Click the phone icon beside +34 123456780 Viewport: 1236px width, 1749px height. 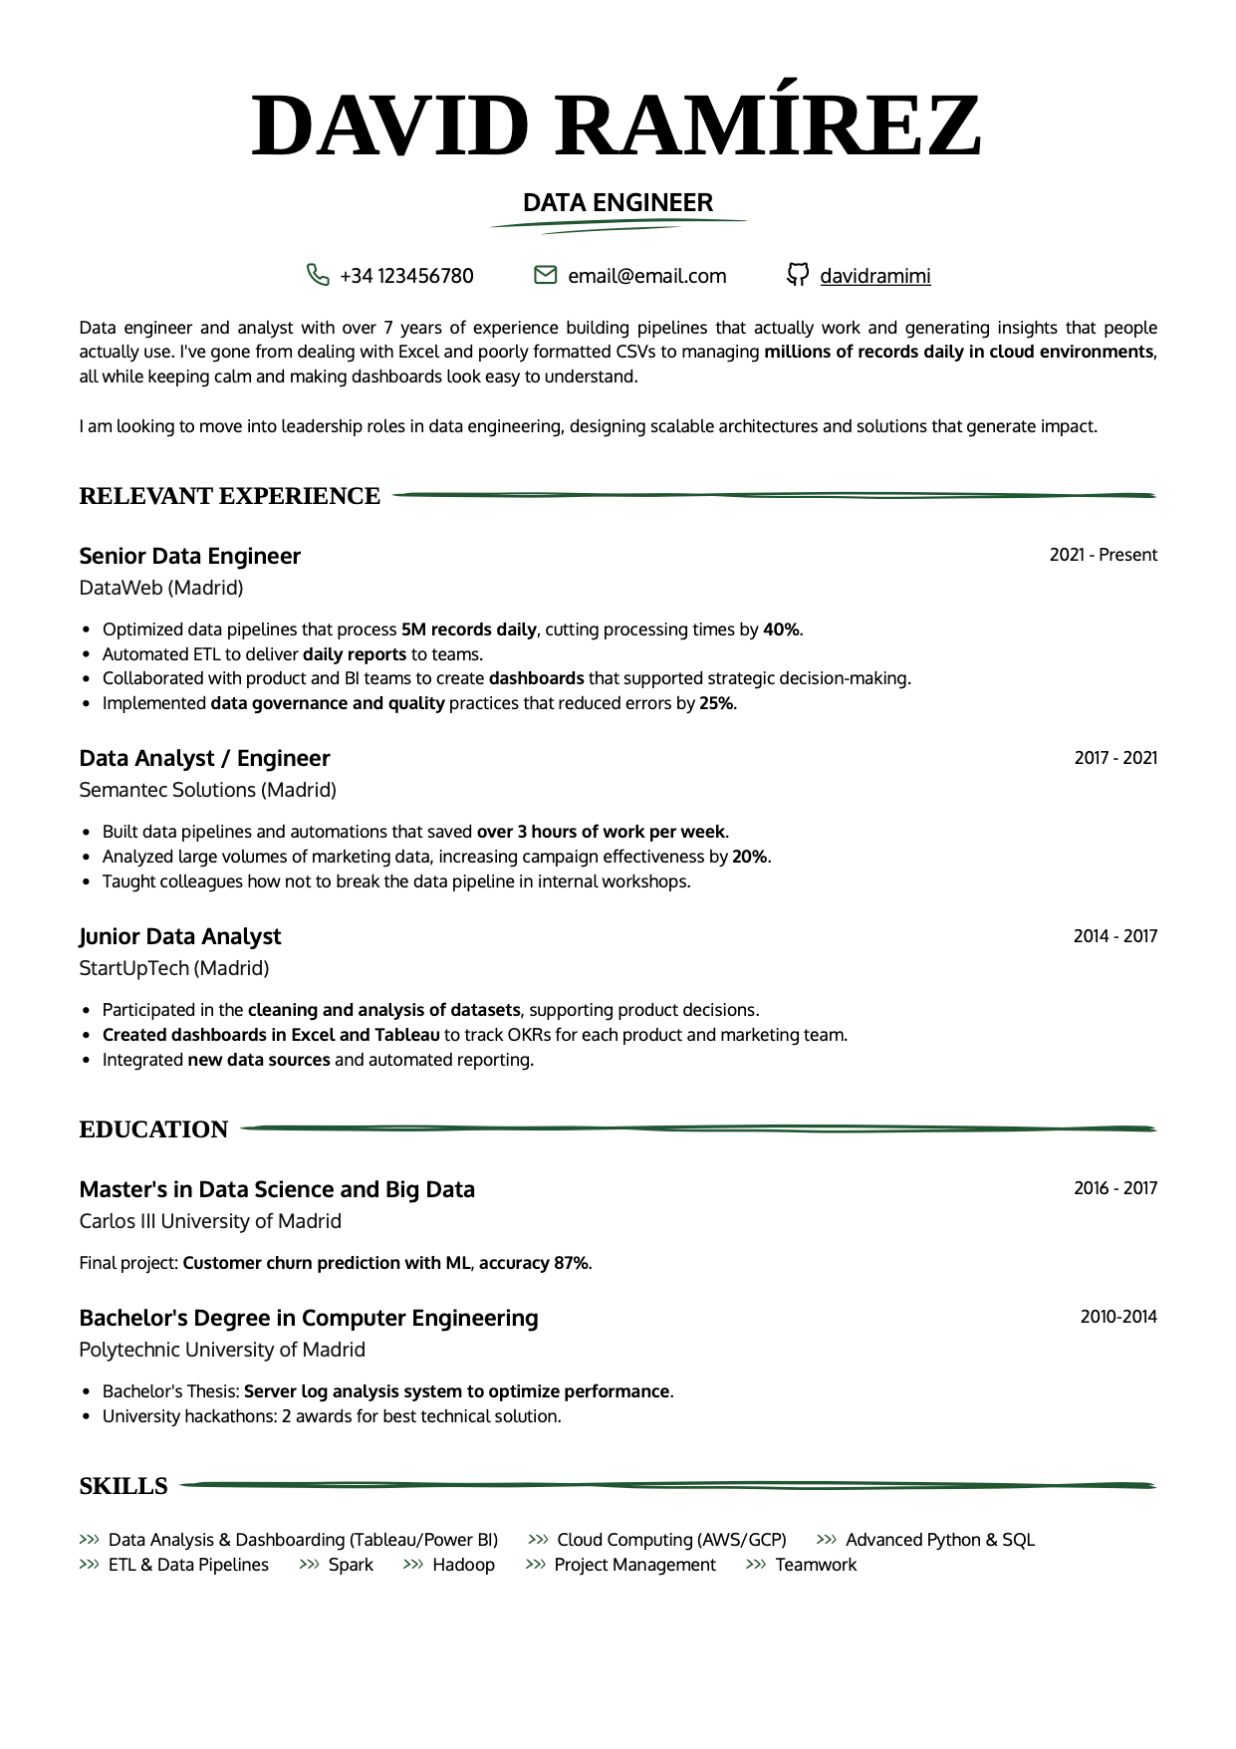click(318, 275)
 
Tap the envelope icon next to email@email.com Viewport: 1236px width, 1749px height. click(545, 275)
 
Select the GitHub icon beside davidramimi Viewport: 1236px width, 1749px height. click(797, 275)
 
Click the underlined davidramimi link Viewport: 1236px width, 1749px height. click(874, 276)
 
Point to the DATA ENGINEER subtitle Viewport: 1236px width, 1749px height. click(618, 203)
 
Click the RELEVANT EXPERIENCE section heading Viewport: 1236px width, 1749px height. click(229, 496)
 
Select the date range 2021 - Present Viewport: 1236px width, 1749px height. click(1103, 555)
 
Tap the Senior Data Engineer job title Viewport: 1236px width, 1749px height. click(189, 556)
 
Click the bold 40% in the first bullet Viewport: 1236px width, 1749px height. click(781, 629)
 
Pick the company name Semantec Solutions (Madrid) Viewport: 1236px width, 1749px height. click(207, 790)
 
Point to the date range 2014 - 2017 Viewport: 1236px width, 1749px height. click(1114, 936)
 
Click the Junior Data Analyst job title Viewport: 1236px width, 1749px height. click(179, 936)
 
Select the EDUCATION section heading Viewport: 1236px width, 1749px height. click(153, 1129)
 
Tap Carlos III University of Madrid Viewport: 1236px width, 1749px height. click(210, 1221)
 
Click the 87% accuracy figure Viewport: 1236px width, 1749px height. click(571, 1263)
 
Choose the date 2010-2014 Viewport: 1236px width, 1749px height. click(1118, 1317)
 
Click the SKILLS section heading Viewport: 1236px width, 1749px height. click(124, 1486)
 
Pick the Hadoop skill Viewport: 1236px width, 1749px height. click(463, 1565)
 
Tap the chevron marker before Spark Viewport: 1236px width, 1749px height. click(309, 1565)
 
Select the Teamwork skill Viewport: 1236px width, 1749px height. click(816, 1565)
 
